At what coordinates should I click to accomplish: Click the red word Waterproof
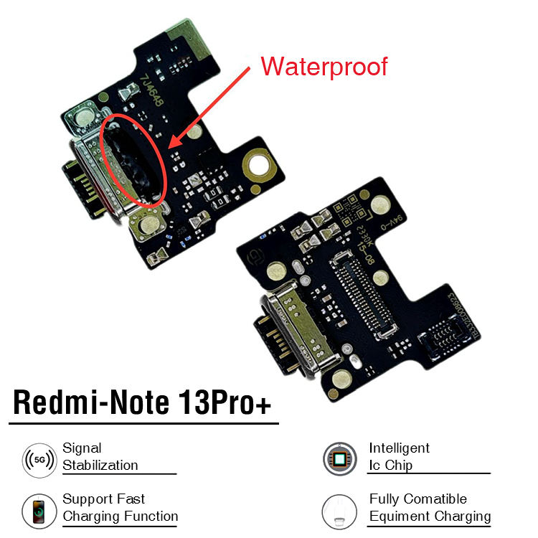click(324, 66)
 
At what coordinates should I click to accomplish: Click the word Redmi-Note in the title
click(89, 402)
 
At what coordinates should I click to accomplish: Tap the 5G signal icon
click(39, 458)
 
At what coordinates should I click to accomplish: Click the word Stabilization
click(100, 465)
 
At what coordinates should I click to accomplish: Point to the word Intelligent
click(400, 448)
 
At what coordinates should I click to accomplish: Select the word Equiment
click(399, 516)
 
